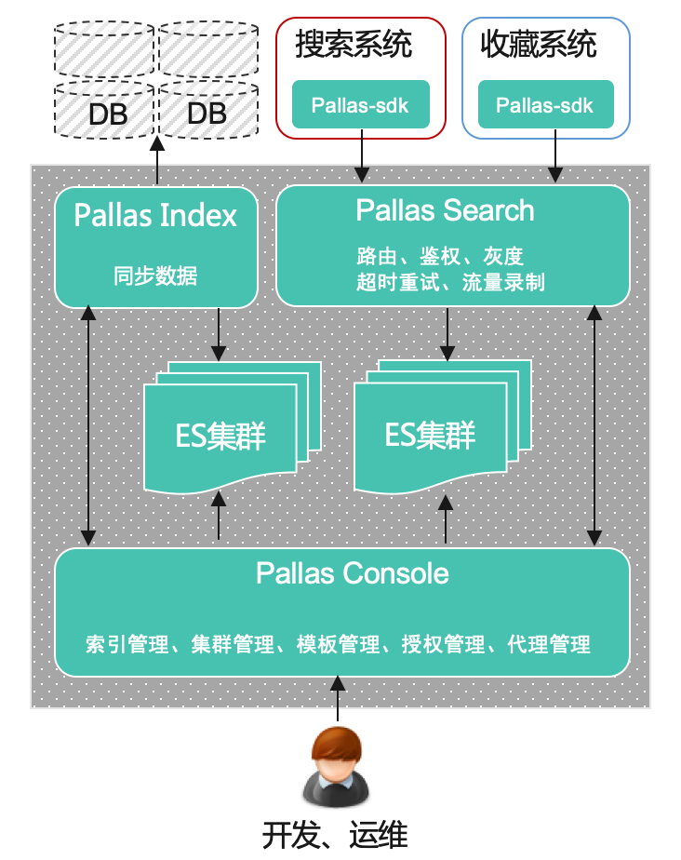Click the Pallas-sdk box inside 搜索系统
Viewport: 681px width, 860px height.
(360, 104)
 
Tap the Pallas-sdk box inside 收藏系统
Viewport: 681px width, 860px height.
(545, 104)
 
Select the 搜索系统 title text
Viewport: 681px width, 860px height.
(354, 44)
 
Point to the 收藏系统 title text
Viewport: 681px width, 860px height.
(539, 44)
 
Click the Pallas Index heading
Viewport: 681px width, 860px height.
(155, 216)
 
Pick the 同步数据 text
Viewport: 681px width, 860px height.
(155, 275)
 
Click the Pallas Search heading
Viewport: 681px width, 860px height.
(446, 210)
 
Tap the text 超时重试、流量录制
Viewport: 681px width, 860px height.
(450, 282)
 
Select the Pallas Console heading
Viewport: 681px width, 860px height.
(353, 573)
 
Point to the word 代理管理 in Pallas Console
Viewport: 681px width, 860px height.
(549, 644)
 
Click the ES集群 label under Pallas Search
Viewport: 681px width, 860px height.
(430, 435)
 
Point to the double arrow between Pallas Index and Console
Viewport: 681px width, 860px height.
(88, 427)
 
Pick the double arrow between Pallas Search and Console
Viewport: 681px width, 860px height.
(594, 427)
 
